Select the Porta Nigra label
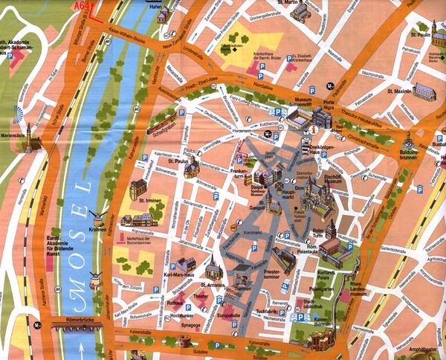pyautogui.click(x=329, y=106)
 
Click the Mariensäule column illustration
pyautogui.click(x=28, y=136)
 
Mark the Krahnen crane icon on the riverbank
pyautogui.click(x=95, y=216)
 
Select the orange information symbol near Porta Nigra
pyautogui.click(x=314, y=129)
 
